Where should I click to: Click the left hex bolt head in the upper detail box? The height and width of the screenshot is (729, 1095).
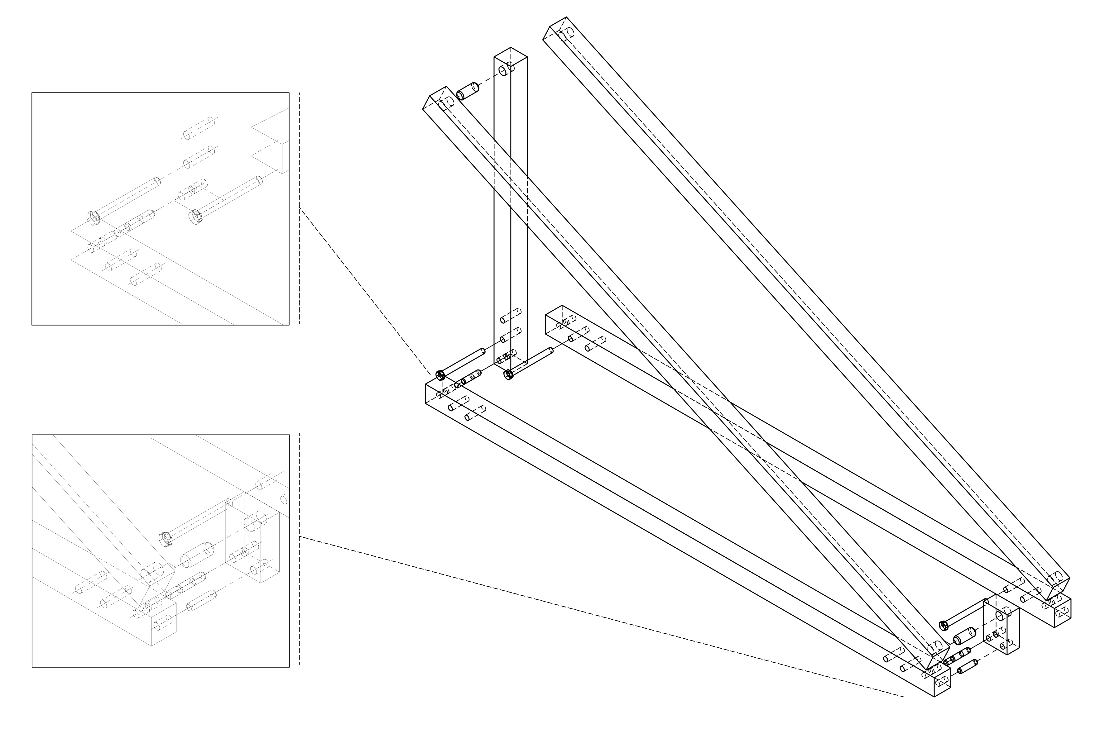(93, 217)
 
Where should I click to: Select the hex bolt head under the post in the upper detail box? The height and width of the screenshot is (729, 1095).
(195, 216)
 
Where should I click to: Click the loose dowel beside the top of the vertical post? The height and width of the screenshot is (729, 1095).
(468, 91)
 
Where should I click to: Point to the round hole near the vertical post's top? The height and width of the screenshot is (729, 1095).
(504, 71)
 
